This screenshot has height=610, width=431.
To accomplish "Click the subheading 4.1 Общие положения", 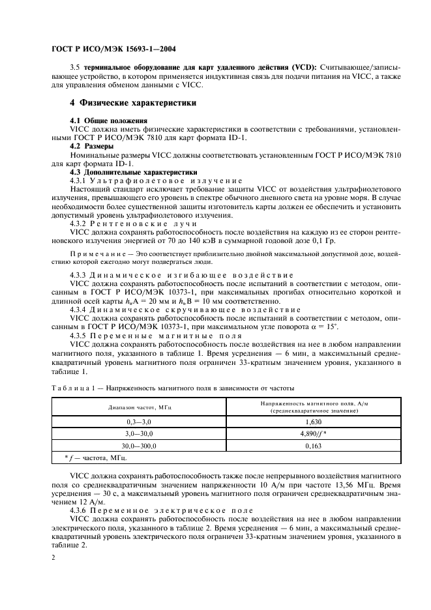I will [107, 122].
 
